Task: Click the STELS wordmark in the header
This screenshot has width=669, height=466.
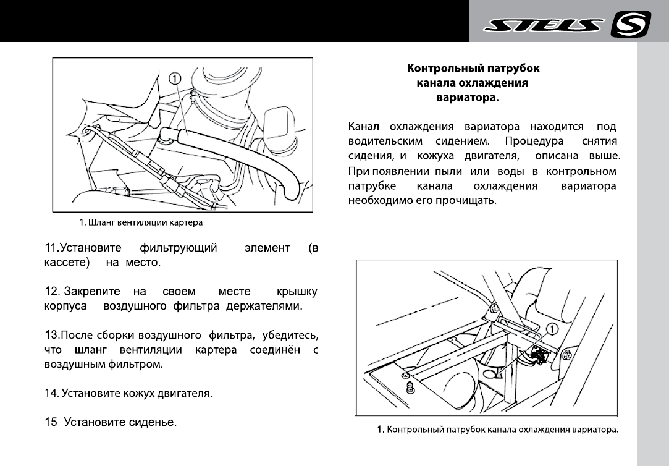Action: click(543, 25)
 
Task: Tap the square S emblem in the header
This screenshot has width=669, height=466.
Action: click(630, 25)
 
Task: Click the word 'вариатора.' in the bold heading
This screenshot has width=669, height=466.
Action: click(468, 97)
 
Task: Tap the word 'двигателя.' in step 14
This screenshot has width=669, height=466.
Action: click(186, 392)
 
